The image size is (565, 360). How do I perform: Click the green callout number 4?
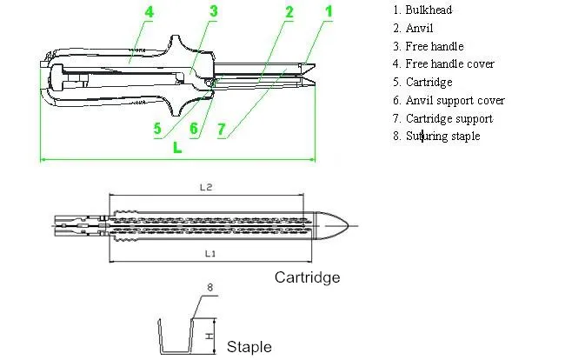[150, 13]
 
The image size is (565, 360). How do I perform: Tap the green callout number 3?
[213, 11]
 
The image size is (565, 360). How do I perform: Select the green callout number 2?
[289, 11]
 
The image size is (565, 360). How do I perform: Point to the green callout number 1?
[328, 11]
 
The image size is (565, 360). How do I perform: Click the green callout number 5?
[156, 129]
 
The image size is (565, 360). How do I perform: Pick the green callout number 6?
[194, 129]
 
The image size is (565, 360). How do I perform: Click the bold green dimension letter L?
[178, 147]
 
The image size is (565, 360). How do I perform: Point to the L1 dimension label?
[208, 253]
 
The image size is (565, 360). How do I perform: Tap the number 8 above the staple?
[209, 286]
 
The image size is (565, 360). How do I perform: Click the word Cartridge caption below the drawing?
[307, 277]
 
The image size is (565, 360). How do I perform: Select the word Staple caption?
[249, 346]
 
